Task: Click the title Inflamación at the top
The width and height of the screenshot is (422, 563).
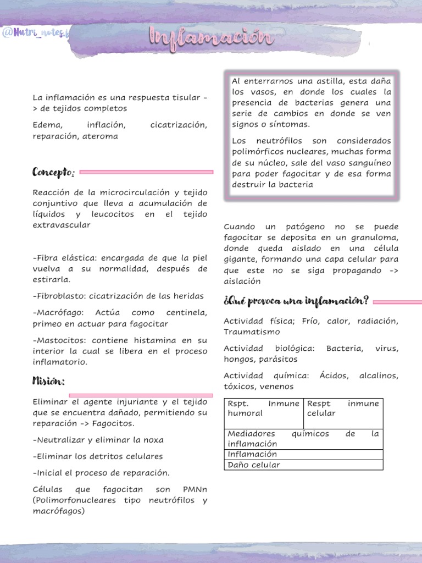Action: [211, 38]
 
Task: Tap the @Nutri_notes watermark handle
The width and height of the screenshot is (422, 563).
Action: [36, 34]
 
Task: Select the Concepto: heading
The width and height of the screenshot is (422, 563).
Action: [53, 173]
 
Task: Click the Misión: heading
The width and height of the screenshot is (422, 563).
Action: [48, 381]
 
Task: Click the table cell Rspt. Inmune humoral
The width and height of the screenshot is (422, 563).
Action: [264, 408]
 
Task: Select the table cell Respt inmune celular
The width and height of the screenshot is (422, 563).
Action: [343, 408]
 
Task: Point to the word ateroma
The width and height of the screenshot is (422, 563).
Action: [100, 136]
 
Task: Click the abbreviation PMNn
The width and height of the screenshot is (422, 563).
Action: [195, 489]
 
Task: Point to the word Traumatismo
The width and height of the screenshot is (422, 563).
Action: [252, 332]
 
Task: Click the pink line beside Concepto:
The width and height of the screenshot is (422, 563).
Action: [146, 172]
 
